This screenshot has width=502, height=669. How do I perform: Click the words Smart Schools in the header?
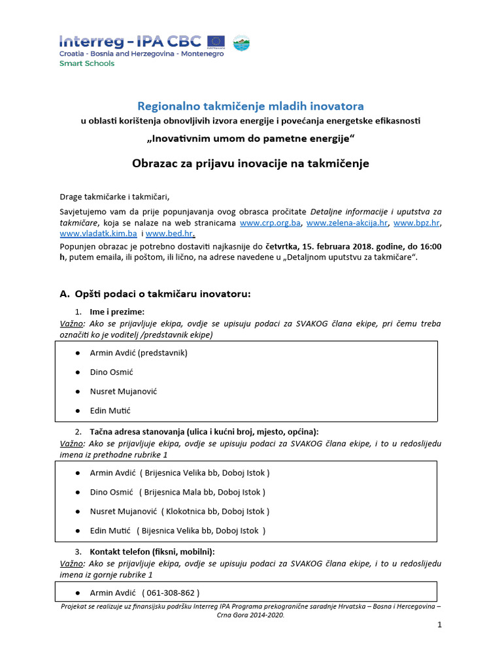pyautogui.click(x=86, y=63)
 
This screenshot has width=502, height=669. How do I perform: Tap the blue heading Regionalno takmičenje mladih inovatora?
pyautogui.click(x=250, y=106)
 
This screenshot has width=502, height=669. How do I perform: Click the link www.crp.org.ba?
pyautogui.click(x=270, y=223)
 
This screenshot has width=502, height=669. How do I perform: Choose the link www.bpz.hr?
pyautogui.click(x=416, y=223)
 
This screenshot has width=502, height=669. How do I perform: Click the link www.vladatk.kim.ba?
pyautogui.click(x=98, y=233)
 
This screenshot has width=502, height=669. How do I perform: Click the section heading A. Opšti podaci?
pyautogui.click(x=155, y=294)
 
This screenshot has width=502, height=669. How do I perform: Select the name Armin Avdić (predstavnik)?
pyautogui.click(x=139, y=353)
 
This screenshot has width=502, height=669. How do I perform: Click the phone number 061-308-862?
pyautogui.click(x=170, y=593)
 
